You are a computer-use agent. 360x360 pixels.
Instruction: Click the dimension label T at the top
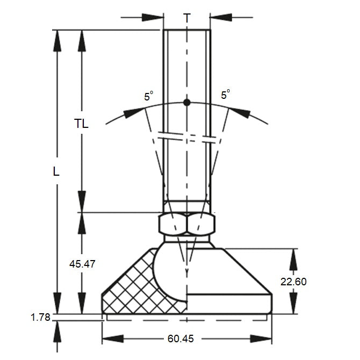coord(186,18)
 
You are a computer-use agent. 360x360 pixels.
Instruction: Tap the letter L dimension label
coord(56,172)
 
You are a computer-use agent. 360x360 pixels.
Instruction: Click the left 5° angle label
coord(148,96)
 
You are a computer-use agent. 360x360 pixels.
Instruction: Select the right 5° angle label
coord(225,95)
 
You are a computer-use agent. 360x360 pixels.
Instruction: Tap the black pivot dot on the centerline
coord(186,102)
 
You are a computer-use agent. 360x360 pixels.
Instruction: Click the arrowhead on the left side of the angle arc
coord(134,112)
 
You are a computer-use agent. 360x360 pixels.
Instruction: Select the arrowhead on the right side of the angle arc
coord(239,112)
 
